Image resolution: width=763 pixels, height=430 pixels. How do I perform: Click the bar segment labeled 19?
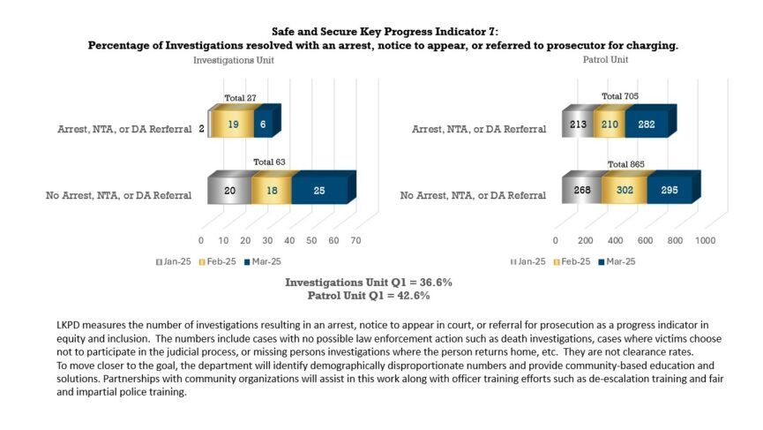(234, 125)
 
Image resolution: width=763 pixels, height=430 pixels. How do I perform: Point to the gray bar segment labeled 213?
(578, 125)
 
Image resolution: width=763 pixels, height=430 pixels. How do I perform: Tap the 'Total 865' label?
(625, 164)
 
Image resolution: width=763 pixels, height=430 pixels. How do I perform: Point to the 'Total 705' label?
(620, 96)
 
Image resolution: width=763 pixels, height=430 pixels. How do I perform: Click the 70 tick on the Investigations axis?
(356, 240)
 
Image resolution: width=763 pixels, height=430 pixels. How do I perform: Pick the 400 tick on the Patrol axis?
(616, 240)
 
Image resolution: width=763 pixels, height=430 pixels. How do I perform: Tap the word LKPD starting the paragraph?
(69, 326)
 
